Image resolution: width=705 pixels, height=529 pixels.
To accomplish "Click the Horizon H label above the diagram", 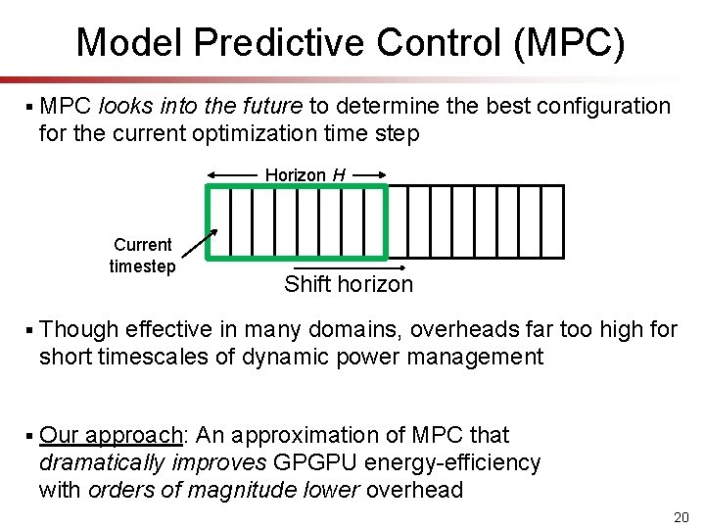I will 305,174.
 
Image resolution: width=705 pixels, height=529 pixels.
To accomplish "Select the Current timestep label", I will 142,256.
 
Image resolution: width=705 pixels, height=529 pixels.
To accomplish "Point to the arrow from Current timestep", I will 200,248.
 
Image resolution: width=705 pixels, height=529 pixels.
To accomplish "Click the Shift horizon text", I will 349,285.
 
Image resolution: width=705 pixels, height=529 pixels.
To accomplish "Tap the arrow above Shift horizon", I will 349,267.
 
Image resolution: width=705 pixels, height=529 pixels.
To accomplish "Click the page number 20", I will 681,516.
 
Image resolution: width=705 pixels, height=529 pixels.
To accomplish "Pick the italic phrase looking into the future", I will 202,106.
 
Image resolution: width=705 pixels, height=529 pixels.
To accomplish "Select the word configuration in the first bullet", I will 607,106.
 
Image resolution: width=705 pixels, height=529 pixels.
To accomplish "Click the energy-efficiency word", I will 457,462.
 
